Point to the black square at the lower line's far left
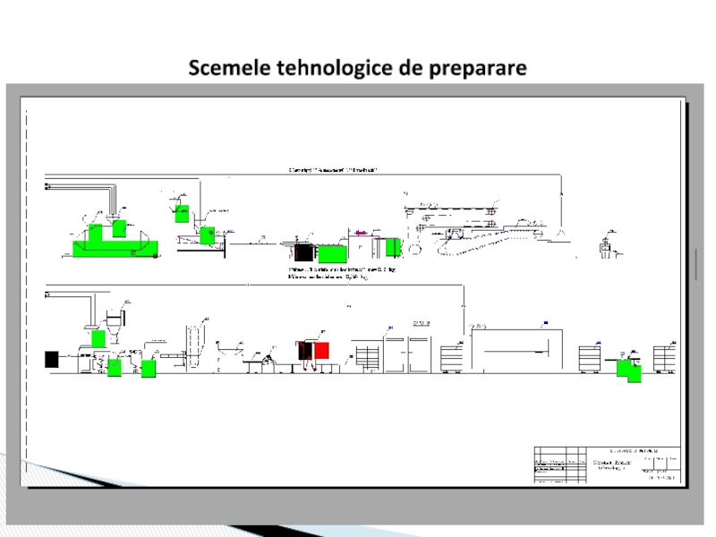tap(51, 359)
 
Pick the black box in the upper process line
tap(302, 252)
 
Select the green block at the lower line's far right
tap(634, 373)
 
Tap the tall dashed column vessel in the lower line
tap(191, 345)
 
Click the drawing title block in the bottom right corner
tap(607, 464)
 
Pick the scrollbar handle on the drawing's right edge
tap(695, 265)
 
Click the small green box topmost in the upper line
tap(182, 213)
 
